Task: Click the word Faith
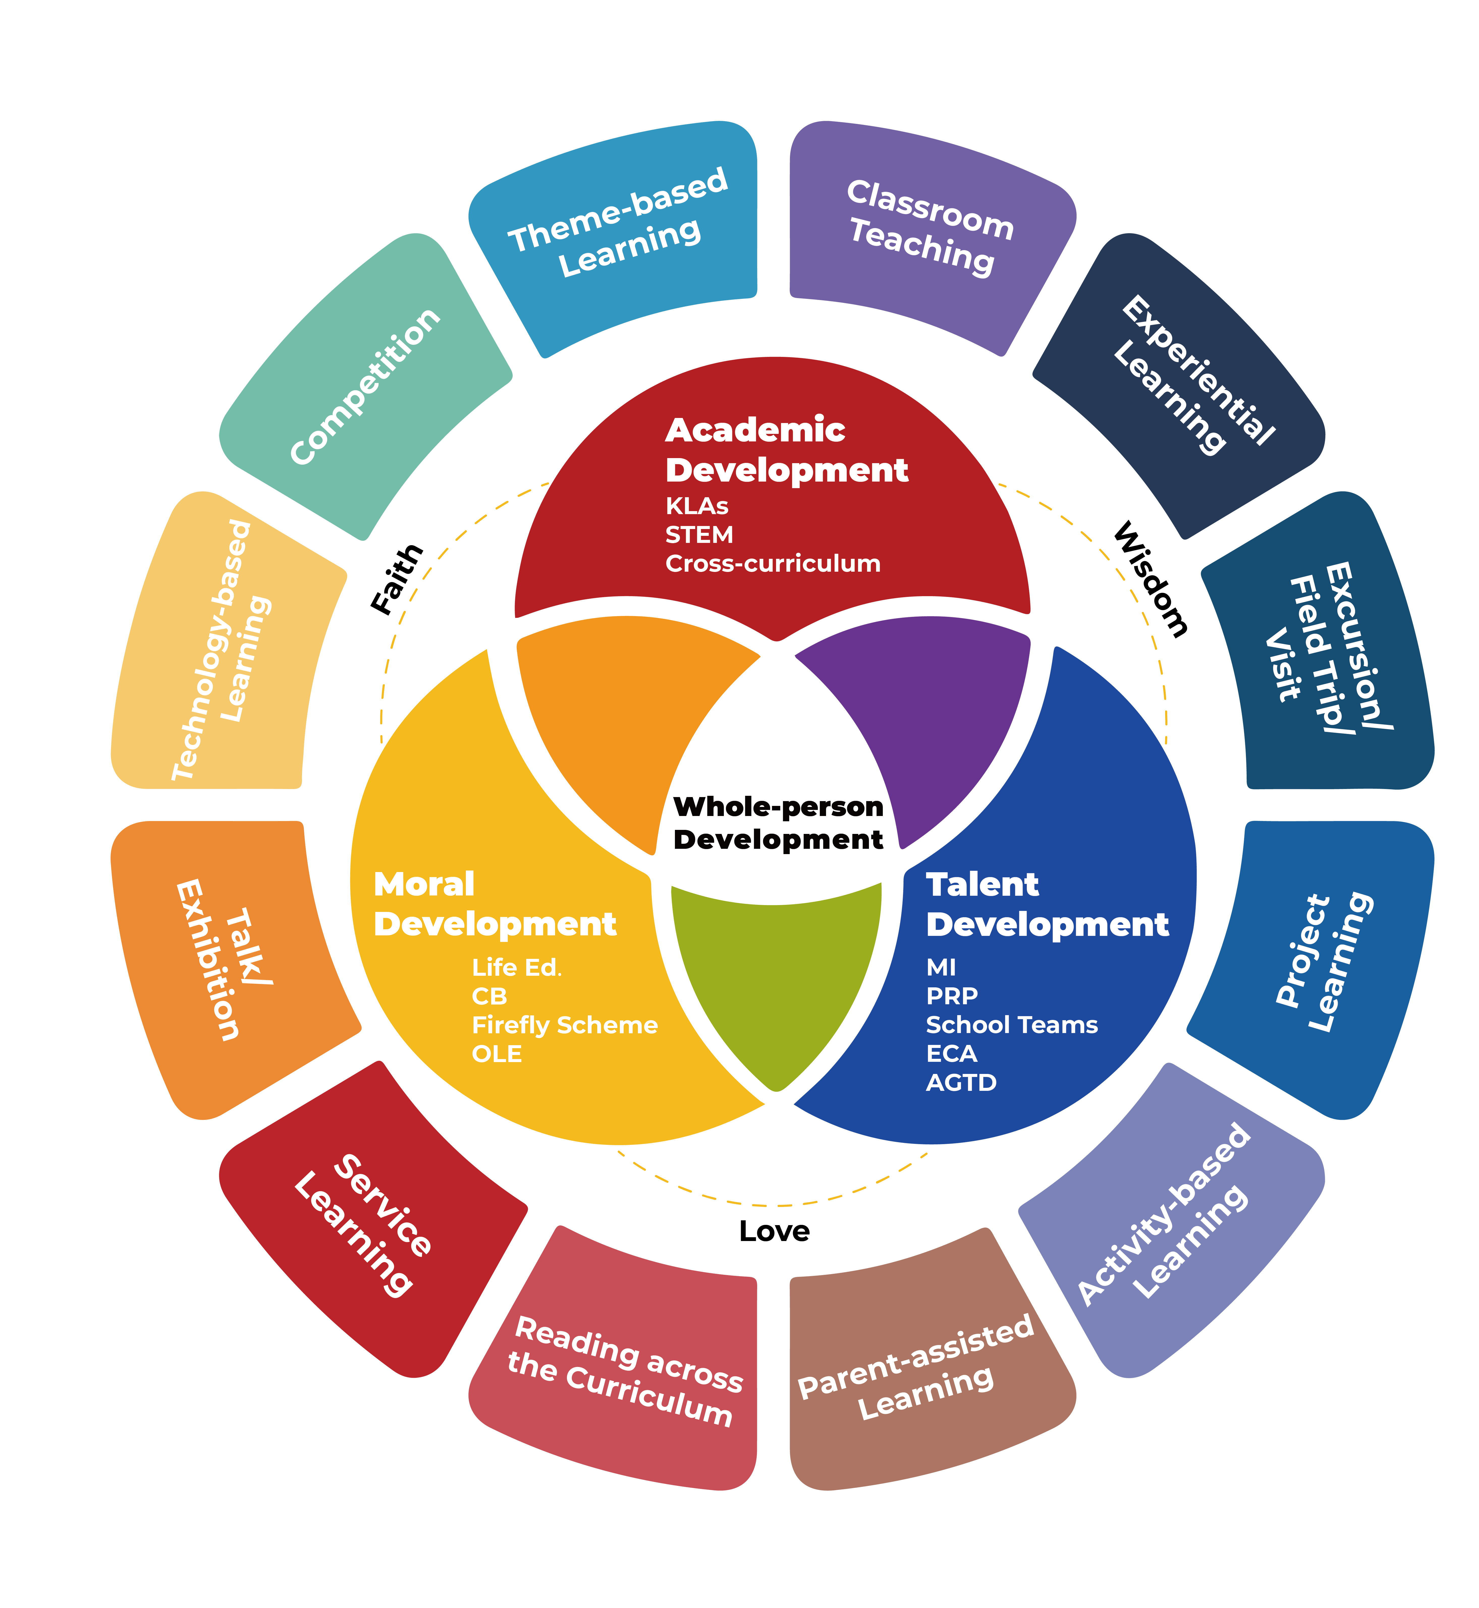(397, 579)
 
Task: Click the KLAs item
(696, 506)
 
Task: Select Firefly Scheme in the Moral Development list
(564, 1025)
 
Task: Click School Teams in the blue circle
(1012, 1025)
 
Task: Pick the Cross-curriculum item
(772, 564)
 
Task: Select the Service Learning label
(364, 1225)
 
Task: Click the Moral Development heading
(494, 904)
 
